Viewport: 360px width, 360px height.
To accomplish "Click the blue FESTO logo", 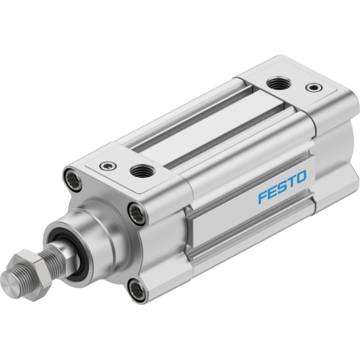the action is coord(282,187).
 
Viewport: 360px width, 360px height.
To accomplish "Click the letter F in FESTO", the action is coord(264,196).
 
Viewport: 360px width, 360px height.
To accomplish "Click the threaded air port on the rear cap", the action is coord(279,84).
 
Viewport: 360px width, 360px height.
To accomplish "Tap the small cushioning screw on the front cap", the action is coord(108,165).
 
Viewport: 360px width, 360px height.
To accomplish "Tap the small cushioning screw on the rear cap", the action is coord(314,87).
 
